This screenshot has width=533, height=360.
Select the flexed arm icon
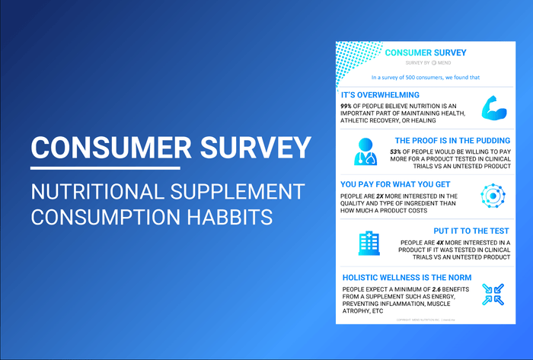pyautogui.click(x=494, y=109)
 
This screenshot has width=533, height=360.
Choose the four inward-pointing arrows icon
pyautogui.click(x=493, y=295)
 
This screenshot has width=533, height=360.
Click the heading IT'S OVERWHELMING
pyautogui.click(x=380, y=95)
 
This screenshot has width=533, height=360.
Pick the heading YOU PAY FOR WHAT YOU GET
pyautogui.click(x=397, y=184)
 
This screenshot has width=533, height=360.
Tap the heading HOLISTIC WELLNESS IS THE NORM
pyautogui.click(x=407, y=276)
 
